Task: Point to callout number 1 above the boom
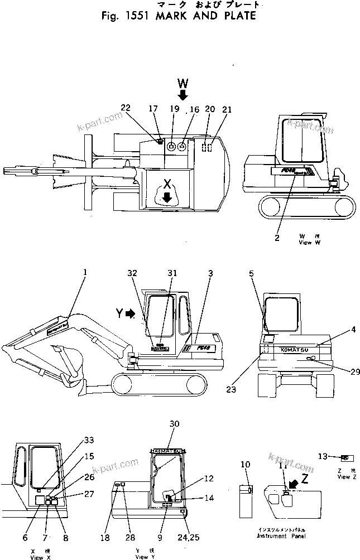[x=85, y=272]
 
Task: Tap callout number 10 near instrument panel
[x=245, y=465]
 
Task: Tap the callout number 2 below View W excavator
[x=277, y=238]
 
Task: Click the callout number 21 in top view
[x=226, y=109]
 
